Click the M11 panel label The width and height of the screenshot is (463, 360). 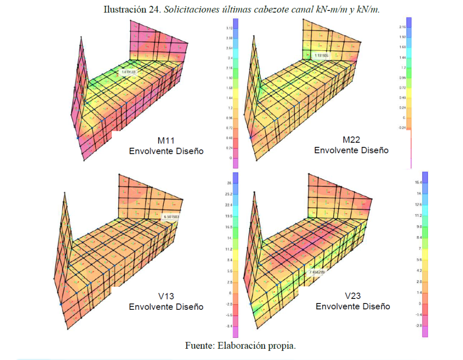(166, 141)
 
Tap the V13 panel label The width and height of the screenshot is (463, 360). (166, 296)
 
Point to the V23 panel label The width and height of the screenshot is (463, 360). (353, 296)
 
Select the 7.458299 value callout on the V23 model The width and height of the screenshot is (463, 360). (317, 272)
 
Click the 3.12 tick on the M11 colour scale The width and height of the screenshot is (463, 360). (230, 28)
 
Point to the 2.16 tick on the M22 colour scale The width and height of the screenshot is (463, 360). (402, 28)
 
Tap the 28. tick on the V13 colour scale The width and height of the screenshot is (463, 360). (229, 183)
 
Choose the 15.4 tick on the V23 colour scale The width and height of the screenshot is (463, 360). (418, 182)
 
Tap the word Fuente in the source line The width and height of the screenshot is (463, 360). (198, 346)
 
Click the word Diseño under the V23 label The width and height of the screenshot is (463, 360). (375, 306)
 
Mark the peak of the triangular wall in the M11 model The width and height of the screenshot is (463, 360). (81, 37)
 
